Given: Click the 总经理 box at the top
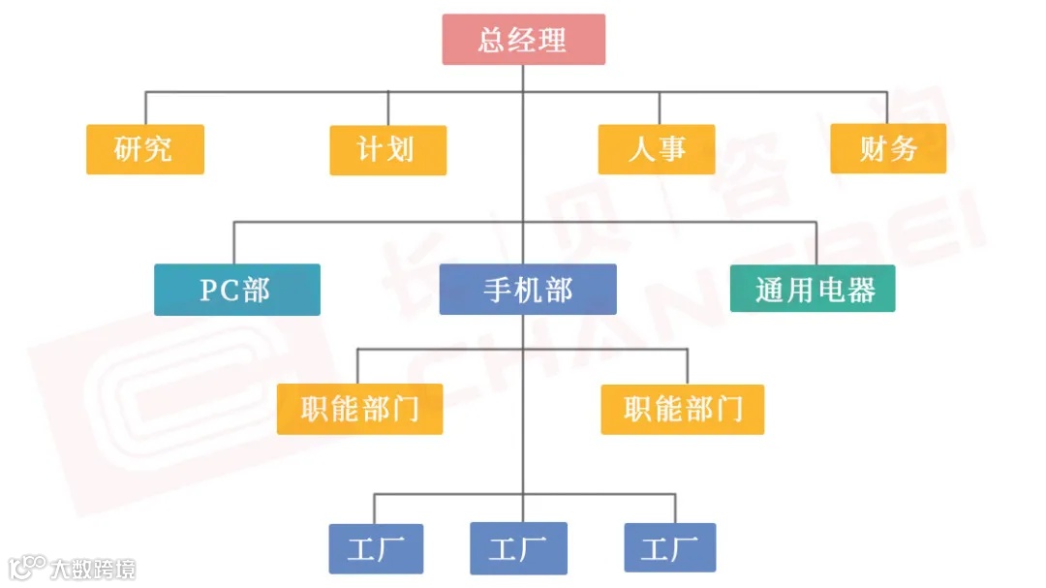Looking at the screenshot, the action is pyautogui.click(x=523, y=40).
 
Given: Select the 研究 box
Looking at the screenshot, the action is pyautogui.click(x=145, y=149).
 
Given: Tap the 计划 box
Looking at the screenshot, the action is pyautogui.click(x=387, y=150).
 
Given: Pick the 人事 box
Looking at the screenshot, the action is pyautogui.click(x=657, y=149).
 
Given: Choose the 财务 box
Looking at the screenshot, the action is pyautogui.click(x=888, y=149).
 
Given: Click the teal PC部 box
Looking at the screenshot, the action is pyautogui.click(x=236, y=290).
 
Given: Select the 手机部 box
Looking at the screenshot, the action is pyautogui.click(x=528, y=290).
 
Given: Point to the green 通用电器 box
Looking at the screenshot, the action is pyautogui.click(x=814, y=289).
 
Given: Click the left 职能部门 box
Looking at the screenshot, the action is pyautogui.click(x=359, y=409).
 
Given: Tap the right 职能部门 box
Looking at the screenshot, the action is pyautogui.click(x=682, y=409).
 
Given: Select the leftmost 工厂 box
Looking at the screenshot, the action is pyautogui.click(x=376, y=548).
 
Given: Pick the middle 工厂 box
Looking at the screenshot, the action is pyautogui.click(x=518, y=548).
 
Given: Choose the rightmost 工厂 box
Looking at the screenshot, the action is pyautogui.click(x=670, y=548).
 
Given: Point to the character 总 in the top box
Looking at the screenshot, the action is pyautogui.click(x=494, y=40).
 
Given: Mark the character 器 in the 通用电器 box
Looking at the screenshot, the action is pyautogui.click(x=860, y=289).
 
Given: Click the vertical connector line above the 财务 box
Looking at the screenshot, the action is pyautogui.click(x=887, y=108).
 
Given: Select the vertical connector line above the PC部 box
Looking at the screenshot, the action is pyautogui.click(x=233, y=242).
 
